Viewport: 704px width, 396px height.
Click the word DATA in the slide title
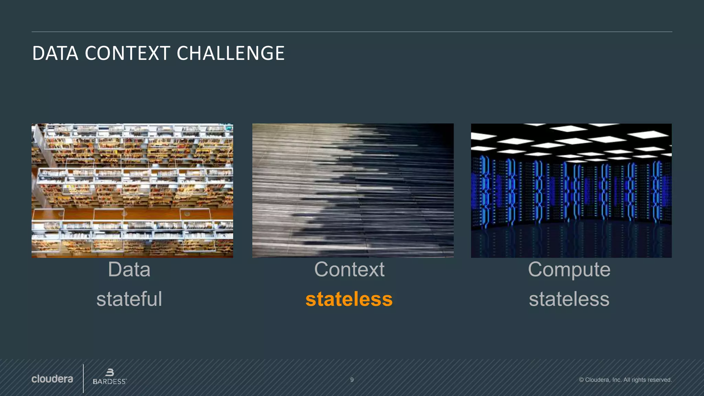pos(55,54)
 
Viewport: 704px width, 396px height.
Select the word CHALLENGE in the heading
pos(230,54)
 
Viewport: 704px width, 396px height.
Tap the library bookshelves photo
pos(132,190)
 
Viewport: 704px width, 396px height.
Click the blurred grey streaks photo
pos(353,190)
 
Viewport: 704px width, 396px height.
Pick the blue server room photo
pos(571,190)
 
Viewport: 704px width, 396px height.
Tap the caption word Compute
pos(569,270)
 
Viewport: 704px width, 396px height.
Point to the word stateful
pos(129,299)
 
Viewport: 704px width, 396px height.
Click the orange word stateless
pos(349,299)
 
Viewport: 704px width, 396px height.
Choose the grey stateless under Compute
pos(569,299)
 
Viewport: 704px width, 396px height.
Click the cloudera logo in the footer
pos(52,379)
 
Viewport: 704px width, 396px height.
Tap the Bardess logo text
pos(109,382)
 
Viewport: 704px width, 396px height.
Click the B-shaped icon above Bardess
pos(110,372)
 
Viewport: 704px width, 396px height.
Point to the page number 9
pos(352,380)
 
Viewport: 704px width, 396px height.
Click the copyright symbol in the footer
pos(581,380)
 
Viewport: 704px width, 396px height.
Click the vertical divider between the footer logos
pos(83,378)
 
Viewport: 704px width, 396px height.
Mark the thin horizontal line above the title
pos(352,32)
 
